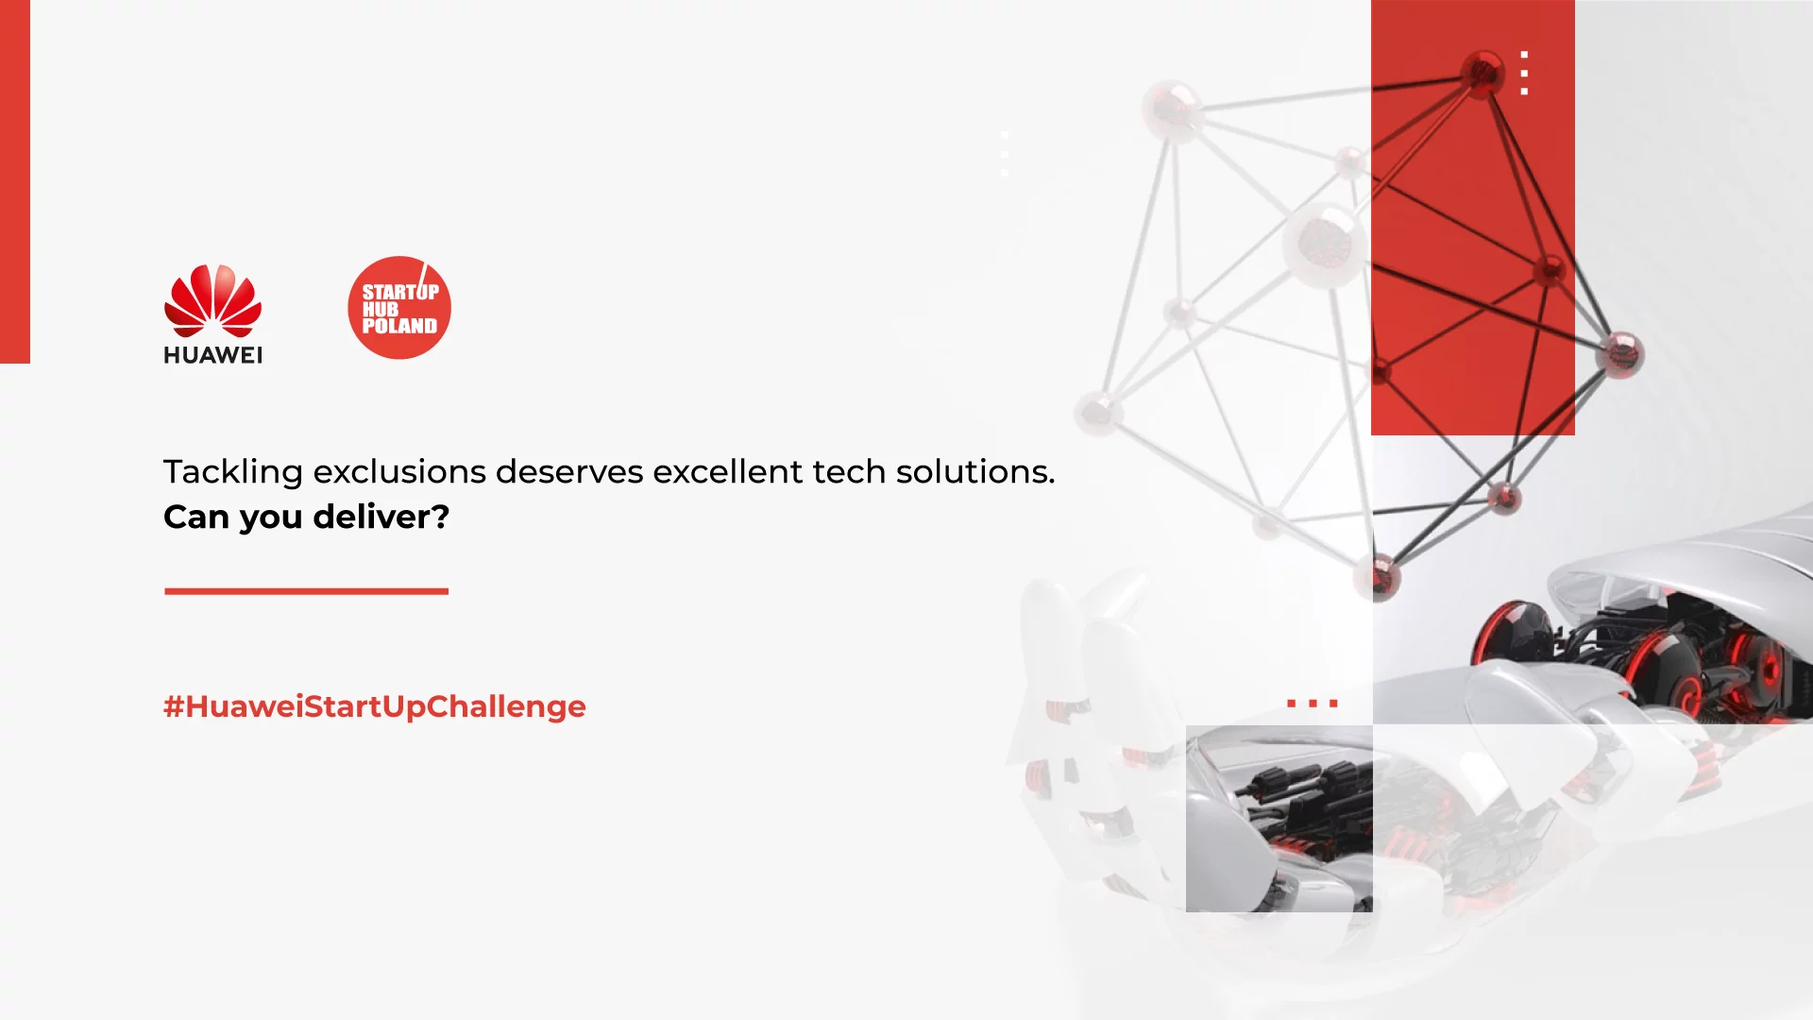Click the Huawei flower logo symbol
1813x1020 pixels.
(x=212, y=300)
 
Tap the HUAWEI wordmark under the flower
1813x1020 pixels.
(x=212, y=355)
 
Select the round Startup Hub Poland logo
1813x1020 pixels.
(x=399, y=308)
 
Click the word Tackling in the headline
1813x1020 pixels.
(x=232, y=471)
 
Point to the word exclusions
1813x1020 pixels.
(x=399, y=471)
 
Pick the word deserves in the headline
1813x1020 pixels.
(x=568, y=471)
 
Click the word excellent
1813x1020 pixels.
(x=727, y=471)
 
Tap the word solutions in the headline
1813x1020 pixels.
(x=974, y=471)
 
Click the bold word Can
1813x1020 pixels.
(x=195, y=517)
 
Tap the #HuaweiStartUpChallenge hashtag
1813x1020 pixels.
(x=374, y=706)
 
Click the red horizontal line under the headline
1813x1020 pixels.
(x=306, y=591)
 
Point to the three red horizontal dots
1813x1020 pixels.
(x=1312, y=704)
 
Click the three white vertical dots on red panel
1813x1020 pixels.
(x=1524, y=73)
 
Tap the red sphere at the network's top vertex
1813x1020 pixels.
(x=1483, y=72)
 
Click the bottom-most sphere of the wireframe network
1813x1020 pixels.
(x=1378, y=575)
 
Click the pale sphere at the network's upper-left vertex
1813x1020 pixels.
(x=1172, y=110)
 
